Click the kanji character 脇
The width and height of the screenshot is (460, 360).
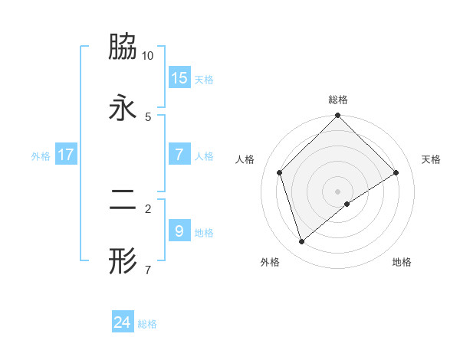(x=123, y=47)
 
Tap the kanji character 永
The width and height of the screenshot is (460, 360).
(x=123, y=108)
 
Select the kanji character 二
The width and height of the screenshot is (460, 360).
(x=123, y=201)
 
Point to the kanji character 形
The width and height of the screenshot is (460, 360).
(x=123, y=261)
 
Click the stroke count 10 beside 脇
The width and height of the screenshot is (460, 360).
(x=148, y=55)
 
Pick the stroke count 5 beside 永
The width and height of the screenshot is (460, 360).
(x=148, y=116)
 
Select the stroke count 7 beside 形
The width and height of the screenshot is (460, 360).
(x=148, y=270)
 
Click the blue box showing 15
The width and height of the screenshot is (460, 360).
(x=179, y=78)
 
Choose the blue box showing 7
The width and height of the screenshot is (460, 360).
(x=179, y=155)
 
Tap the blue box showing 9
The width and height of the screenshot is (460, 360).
(x=179, y=231)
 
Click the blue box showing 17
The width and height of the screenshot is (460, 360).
(x=66, y=155)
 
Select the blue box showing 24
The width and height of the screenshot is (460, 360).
(x=123, y=322)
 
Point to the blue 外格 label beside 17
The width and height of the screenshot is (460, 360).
(x=41, y=156)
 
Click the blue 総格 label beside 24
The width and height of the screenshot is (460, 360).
(x=147, y=324)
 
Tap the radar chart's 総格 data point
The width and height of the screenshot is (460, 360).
(x=337, y=116)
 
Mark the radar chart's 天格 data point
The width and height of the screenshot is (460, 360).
(x=396, y=172)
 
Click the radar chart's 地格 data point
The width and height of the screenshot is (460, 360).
(x=347, y=204)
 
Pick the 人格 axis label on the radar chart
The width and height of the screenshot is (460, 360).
(x=245, y=159)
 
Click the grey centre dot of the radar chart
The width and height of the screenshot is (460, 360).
(x=337, y=191)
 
